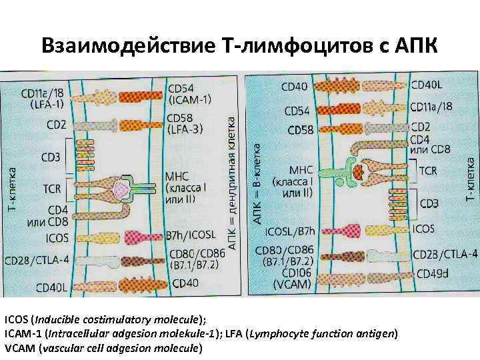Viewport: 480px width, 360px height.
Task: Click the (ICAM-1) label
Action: tap(190, 100)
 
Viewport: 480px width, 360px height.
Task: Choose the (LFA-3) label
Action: tap(185, 129)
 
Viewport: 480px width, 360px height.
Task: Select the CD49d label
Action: tap(435, 273)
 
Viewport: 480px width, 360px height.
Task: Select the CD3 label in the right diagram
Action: tap(427, 202)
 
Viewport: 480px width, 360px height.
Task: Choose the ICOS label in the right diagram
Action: tap(424, 229)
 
